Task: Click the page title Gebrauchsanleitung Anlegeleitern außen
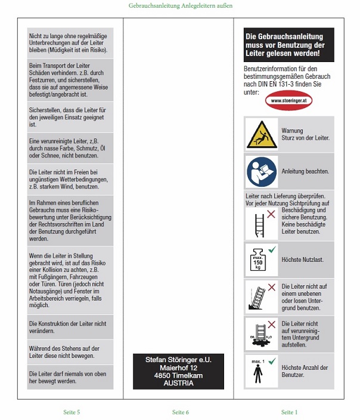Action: (180, 5)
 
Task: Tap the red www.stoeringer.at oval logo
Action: (288, 101)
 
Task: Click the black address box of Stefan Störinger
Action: (179, 371)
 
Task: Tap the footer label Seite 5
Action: (72, 412)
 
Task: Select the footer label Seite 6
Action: (181, 412)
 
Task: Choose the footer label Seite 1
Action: (289, 412)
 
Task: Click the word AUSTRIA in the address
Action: (179, 384)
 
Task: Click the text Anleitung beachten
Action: (305, 171)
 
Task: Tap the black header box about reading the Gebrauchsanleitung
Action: (288, 45)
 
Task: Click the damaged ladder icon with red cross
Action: (261, 223)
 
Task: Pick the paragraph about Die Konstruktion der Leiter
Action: (70, 326)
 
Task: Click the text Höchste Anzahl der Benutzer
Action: (305, 371)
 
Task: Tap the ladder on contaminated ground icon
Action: (261, 333)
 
